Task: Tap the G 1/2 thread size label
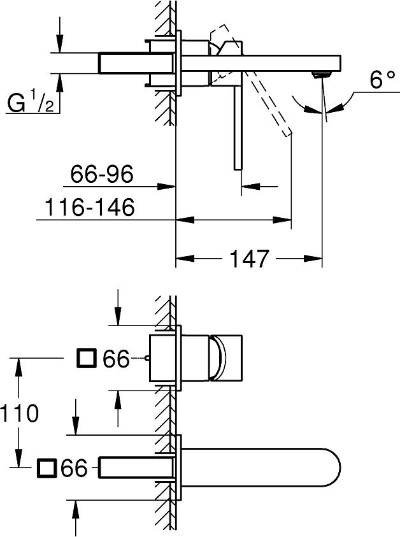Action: click(30, 101)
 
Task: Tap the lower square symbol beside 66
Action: click(46, 469)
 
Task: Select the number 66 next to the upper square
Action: click(116, 359)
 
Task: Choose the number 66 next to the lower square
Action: click(73, 469)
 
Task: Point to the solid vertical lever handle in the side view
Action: click(237, 127)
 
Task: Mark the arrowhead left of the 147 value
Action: click(182, 259)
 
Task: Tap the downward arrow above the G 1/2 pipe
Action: click(59, 45)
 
